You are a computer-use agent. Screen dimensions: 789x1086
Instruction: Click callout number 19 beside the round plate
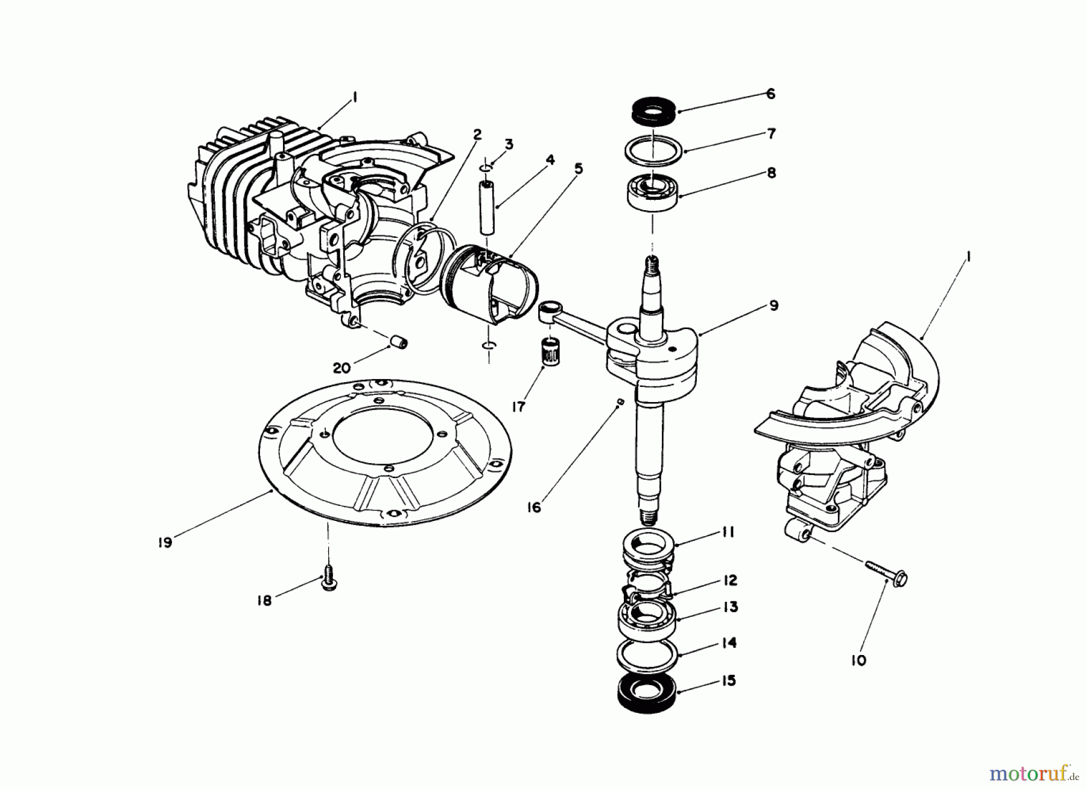[x=164, y=542]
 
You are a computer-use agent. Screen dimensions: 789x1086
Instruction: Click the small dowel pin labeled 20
[x=399, y=342]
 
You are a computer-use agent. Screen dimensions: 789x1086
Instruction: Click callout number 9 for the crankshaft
[x=773, y=305]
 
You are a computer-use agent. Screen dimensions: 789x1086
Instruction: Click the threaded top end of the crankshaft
[x=652, y=264]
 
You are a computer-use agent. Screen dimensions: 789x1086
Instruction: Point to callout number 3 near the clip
[x=509, y=144]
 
